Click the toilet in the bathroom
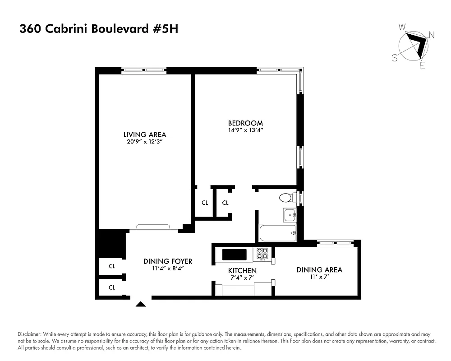(x=285, y=198)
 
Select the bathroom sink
(x=289, y=215)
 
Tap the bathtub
(x=277, y=234)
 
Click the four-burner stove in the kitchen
(x=262, y=255)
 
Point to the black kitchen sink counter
(x=235, y=255)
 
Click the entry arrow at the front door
(x=141, y=304)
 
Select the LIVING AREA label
(x=145, y=134)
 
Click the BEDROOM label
(x=245, y=123)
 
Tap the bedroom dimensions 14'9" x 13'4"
(x=245, y=130)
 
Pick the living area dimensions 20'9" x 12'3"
(x=145, y=142)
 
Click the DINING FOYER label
(x=168, y=261)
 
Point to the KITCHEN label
(x=242, y=271)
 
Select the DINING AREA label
(x=319, y=270)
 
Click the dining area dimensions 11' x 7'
(x=319, y=277)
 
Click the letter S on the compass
(x=395, y=57)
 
